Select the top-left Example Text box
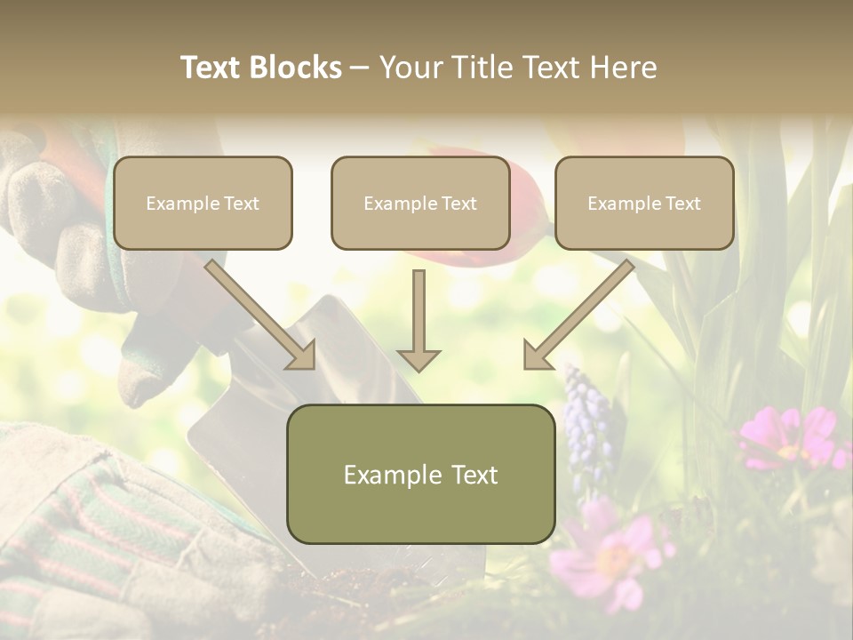(203, 204)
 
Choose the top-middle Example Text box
(420, 204)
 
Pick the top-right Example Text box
(644, 204)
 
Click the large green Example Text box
(420, 474)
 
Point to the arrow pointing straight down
(419, 320)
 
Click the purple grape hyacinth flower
(587, 418)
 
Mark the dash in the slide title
(360, 68)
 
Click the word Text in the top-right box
(682, 204)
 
